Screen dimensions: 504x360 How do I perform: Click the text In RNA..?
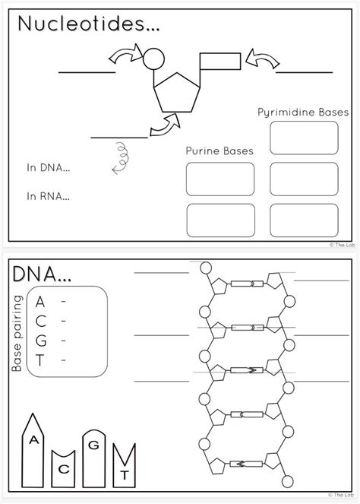pyautogui.click(x=48, y=195)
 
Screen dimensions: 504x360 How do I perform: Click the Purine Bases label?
pyautogui.click(x=219, y=151)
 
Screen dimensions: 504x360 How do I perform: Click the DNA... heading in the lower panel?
pyautogui.click(x=42, y=272)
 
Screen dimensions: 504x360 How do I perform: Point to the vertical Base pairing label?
pyautogui.click(x=17, y=332)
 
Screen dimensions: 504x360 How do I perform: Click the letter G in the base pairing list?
pyautogui.click(x=39, y=341)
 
